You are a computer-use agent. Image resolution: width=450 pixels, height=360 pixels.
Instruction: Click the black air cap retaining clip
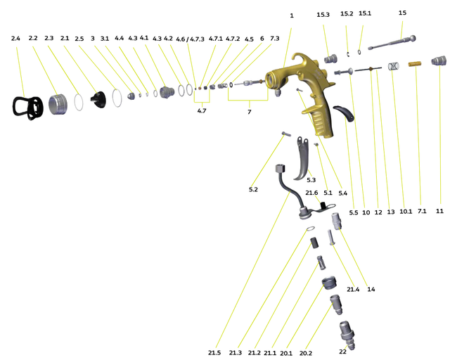pos(26,107)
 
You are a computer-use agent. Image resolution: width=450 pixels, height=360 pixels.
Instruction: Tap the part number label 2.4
pos(16,38)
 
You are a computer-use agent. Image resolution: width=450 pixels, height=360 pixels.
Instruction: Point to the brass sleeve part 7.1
pos(414,65)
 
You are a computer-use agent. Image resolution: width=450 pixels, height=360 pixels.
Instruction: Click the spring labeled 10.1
pos(394,67)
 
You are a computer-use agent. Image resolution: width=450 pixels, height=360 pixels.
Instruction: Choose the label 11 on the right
pos(439,211)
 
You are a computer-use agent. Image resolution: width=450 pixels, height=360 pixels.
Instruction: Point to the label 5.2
pos(253,190)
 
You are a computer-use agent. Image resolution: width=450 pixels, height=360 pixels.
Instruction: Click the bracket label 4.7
pos(202,111)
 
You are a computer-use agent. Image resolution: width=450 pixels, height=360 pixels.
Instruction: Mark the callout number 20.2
pos(306,353)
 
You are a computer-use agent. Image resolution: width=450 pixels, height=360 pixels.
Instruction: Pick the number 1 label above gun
pos(291,15)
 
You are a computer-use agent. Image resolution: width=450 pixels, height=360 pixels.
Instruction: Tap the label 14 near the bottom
pos(371,288)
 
